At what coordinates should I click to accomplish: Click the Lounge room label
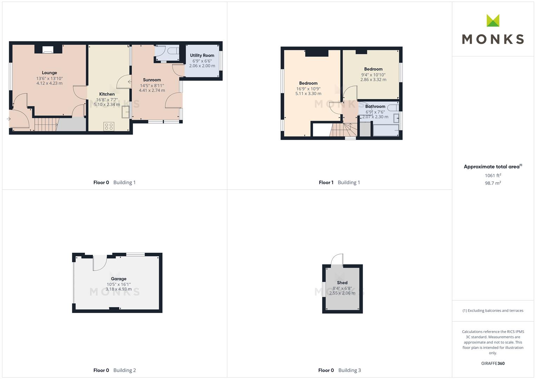pos(49,73)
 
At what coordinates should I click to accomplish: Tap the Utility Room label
pos(202,55)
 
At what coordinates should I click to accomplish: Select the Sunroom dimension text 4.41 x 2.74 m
pos(152,91)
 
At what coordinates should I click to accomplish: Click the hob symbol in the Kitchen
pos(109,127)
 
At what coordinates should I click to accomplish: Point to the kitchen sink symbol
pos(125,112)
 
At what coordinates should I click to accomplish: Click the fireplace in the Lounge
pos(48,50)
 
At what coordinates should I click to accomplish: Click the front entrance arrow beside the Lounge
pos(9,119)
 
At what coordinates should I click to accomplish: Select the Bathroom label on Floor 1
pos(375,106)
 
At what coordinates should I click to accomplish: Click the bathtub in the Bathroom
pos(386,131)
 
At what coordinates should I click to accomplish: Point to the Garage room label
pos(118,279)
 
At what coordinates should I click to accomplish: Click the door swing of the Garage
pos(100,263)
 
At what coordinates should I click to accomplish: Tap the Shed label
pos(342,283)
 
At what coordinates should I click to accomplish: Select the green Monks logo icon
pos(493,20)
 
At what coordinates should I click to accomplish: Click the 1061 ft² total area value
pos(493,175)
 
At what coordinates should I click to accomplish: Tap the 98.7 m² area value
pos(493,183)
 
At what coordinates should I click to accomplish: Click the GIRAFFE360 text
pos(493,364)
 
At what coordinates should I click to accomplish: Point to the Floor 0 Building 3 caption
pos(339,370)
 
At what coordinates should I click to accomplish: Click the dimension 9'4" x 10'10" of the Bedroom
pos(373,75)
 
